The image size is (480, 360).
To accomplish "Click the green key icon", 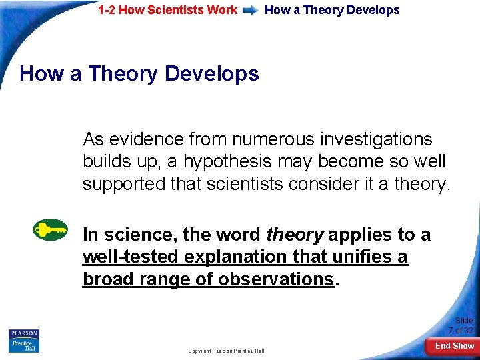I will pos(51,230).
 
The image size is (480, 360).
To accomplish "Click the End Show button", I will pos(455,346).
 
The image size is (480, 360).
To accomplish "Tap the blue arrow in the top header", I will pos(251,11).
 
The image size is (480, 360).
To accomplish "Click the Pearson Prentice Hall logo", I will pos(24,341).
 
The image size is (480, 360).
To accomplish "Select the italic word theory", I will pos(295,235).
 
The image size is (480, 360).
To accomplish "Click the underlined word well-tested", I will pos(131,257).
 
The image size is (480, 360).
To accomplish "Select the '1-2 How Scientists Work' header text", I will pos(167,10).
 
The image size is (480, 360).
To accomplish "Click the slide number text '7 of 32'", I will pos(460,331).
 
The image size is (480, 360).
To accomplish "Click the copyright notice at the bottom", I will pos(226,351).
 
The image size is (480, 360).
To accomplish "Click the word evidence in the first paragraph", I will pos(147,139).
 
